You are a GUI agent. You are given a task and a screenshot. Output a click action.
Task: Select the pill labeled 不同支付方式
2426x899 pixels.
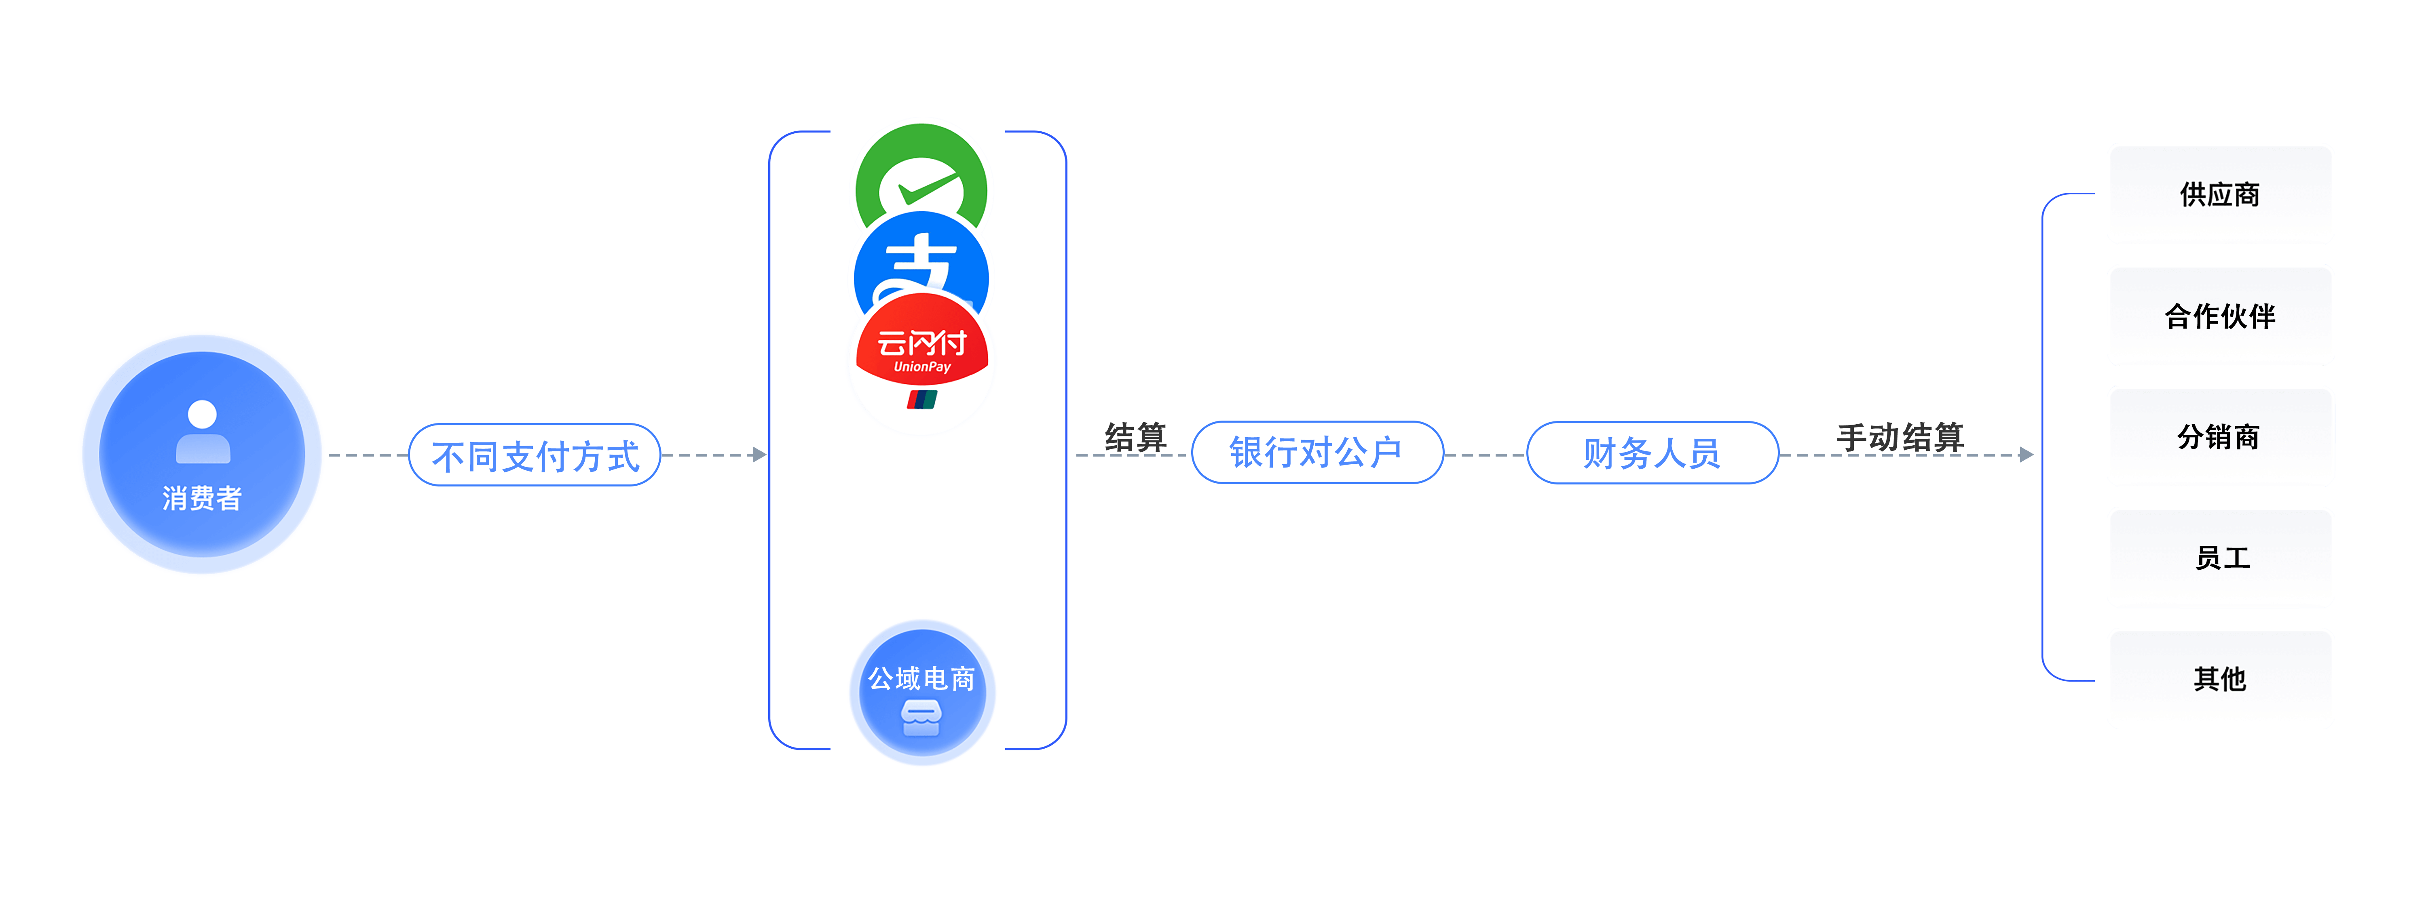tap(535, 456)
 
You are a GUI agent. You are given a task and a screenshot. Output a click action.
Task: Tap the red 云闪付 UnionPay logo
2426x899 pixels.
tap(921, 362)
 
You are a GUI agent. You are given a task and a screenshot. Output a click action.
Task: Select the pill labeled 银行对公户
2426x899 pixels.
tap(1317, 453)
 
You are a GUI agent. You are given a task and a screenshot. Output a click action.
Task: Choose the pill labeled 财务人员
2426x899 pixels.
tap(1652, 453)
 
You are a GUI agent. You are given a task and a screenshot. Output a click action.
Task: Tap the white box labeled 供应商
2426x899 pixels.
tap(2220, 194)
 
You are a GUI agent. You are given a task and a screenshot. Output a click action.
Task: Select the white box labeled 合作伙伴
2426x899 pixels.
tap(2220, 315)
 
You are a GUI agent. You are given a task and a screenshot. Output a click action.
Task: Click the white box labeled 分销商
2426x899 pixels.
tap(2220, 437)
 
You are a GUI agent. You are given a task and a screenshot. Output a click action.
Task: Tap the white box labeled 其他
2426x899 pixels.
tap(2220, 679)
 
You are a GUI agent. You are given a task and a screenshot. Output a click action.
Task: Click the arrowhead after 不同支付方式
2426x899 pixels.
tap(760, 455)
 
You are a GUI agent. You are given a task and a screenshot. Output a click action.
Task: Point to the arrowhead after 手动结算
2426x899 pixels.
tap(2027, 455)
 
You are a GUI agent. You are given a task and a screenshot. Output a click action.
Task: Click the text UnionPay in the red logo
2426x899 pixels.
tap(922, 367)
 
